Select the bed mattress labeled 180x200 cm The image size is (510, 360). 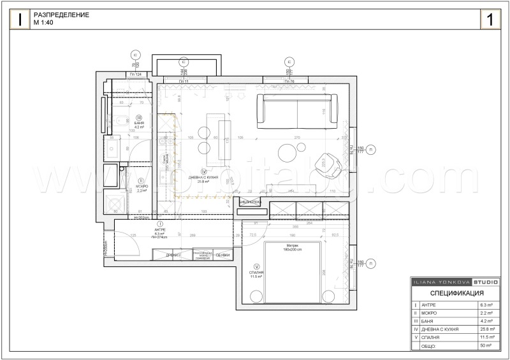pos(293,264)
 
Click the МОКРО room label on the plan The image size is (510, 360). pos(141,187)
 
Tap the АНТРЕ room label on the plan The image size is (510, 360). pos(159,231)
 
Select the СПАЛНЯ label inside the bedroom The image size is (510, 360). pos(256,273)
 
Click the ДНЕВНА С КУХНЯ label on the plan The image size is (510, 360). pos(204,178)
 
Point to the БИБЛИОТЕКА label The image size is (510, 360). pos(251,203)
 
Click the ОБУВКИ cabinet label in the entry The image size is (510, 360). pos(222,255)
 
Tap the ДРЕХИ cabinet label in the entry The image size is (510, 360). pos(171,255)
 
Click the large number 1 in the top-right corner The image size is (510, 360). pos(490,19)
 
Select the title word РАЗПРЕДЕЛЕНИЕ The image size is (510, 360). pos(61,15)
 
